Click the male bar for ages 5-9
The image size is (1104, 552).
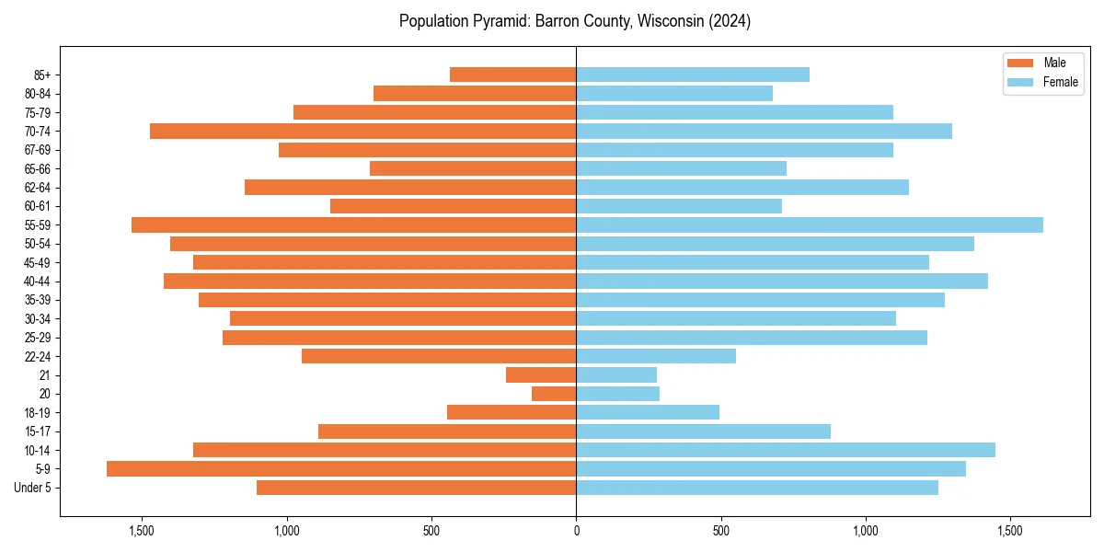tap(341, 469)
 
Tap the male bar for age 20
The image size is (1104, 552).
tap(554, 394)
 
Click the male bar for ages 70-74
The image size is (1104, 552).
tap(363, 132)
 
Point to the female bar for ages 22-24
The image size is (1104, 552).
tap(656, 356)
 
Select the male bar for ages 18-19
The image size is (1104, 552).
tap(512, 412)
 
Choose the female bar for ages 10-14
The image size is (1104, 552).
tap(786, 450)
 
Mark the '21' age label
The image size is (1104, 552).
tap(44, 375)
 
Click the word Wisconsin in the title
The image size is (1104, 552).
tap(667, 21)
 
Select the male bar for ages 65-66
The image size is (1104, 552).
tap(473, 168)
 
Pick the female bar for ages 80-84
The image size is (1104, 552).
tap(674, 94)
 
